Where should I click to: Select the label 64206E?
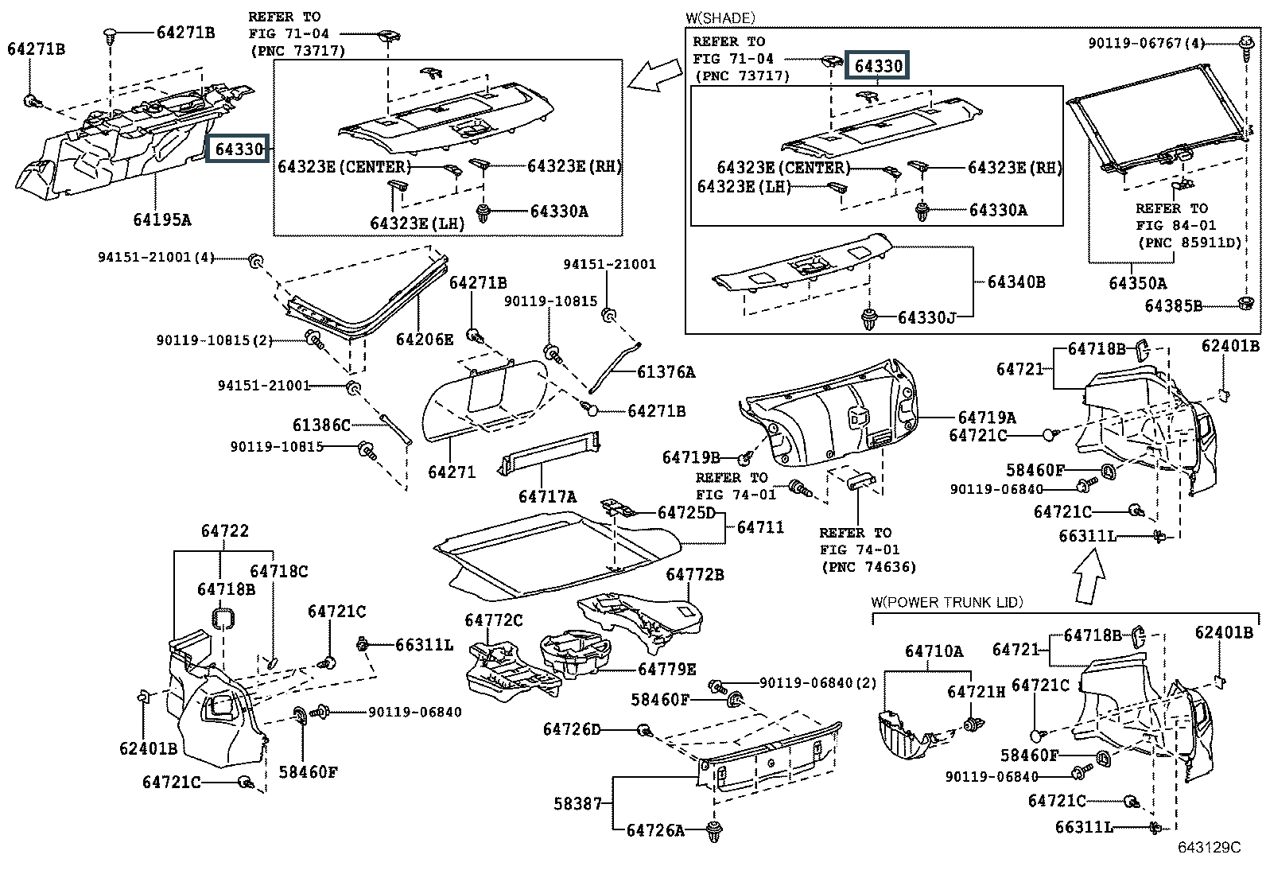click(425, 340)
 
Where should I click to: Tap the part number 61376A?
click(666, 371)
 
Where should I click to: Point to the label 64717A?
click(547, 496)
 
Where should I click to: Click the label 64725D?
click(686, 513)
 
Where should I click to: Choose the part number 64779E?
click(666, 670)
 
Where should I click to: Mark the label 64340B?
click(1016, 282)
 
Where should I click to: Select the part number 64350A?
click(1138, 282)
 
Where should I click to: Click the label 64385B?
click(1173, 305)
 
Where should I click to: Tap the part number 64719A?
click(987, 418)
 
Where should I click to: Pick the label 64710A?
click(934, 651)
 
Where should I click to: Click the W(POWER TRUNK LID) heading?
click(947, 602)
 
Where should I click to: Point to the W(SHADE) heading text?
click(720, 17)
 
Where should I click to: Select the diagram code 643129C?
click(1209, 848)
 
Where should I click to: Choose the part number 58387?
click(578, 804)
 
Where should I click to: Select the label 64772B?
click(695, 574)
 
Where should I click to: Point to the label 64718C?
click(278, 571)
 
